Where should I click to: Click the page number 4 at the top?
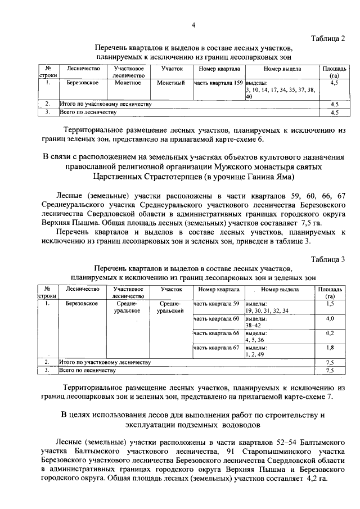click(193, 25)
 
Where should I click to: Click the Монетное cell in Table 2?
click(128, 83)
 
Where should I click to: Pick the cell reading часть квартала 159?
click(218, 83)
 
